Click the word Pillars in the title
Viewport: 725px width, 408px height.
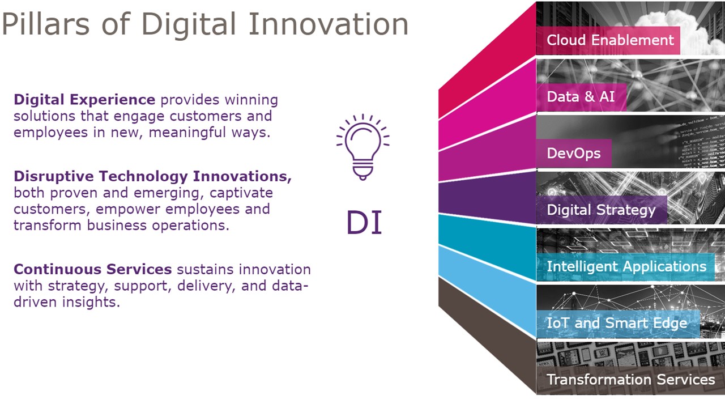point(46,24)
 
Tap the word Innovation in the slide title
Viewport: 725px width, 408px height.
point(328,24)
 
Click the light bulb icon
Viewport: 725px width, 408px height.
point(363,147)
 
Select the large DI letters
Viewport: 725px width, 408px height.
point(364,222)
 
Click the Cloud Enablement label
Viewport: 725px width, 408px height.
point(610,40)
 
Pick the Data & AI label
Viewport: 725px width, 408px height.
point(581,96)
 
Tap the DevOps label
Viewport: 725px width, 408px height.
point(574,153)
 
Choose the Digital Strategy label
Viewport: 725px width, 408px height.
point(601,210)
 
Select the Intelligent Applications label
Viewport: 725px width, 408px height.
point(626,266)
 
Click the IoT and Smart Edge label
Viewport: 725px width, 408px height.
point(617,323)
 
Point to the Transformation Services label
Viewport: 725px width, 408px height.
point(631,379)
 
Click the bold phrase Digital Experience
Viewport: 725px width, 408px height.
point(84,100)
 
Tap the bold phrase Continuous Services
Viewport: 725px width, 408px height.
point(92,269)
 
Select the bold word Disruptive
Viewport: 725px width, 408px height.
point(54,176)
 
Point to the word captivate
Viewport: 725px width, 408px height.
point(241,193)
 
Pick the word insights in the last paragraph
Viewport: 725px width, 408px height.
point(91,302)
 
